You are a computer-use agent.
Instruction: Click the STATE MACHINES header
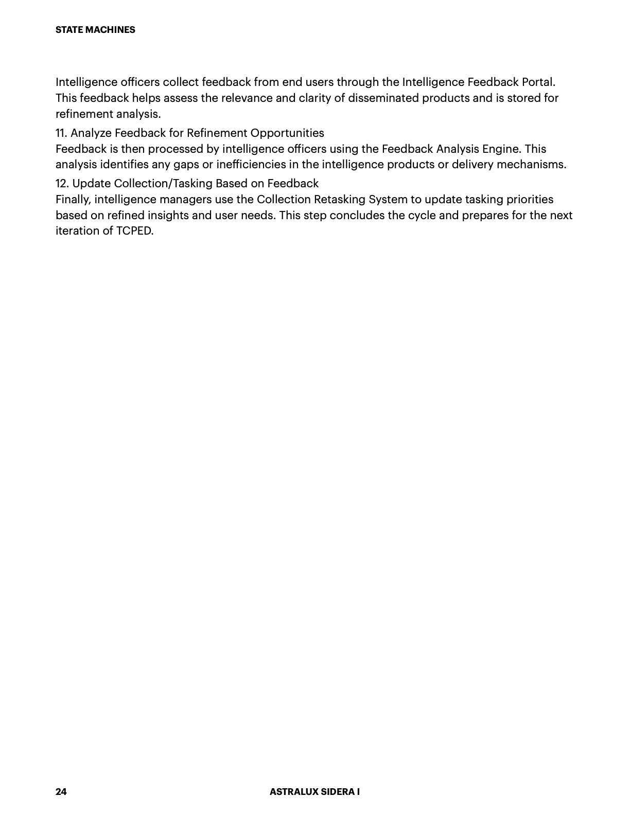(x=95, y=30)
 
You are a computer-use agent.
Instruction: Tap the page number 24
(x=61, y=791)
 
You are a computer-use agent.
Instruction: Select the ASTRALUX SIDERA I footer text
(x=314, y=791)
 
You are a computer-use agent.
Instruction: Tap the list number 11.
(x=61, y=133)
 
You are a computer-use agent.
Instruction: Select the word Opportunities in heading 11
(x=287, y=133)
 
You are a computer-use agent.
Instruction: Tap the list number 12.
(x=62, y=184)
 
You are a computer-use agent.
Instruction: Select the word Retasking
(x=340, y=200)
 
